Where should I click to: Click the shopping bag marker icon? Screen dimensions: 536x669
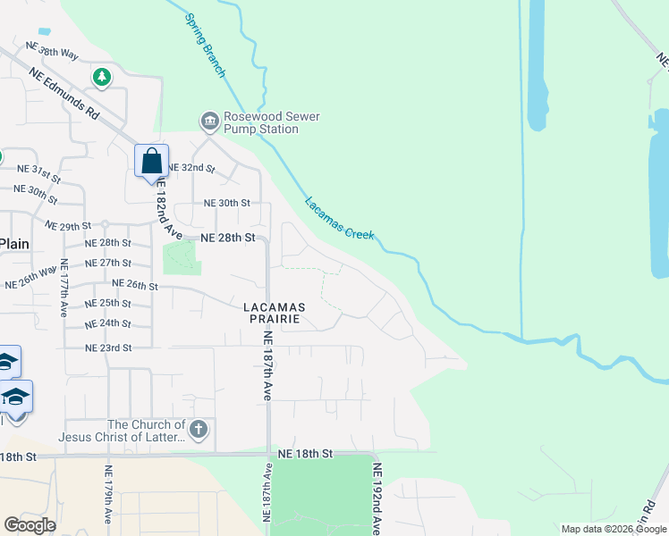tap(152, 162)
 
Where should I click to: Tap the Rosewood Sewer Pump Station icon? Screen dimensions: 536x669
tap(210, 121)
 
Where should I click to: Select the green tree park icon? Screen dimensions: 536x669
tap(102, 78)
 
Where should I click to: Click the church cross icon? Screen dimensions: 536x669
tap(199, 431)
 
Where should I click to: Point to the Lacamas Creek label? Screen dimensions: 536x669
tap(339, 218)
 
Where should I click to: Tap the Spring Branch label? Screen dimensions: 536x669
tap(205, 45)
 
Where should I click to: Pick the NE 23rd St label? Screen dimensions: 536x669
tap(108, 348)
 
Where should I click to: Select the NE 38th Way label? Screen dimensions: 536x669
tap(53, 49)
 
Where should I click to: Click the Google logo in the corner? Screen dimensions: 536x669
tap(30, 525)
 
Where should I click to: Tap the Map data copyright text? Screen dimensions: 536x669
tap(613, 529)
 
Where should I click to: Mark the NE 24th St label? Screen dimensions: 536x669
tap(108, 322)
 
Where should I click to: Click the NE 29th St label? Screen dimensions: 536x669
tap(69, 226)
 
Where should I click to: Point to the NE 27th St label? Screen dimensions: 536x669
tap(108, 263)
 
